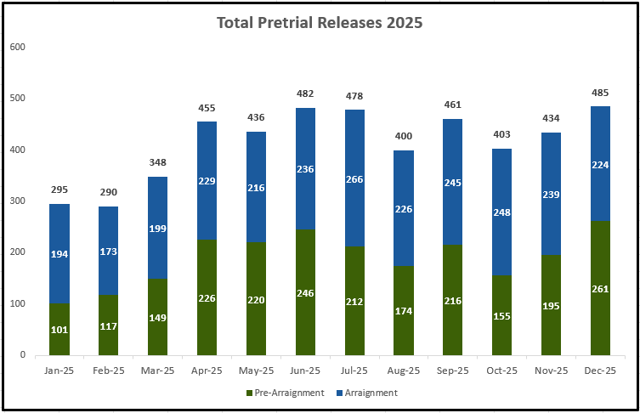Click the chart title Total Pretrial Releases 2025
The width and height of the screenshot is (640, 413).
tap(320, 23)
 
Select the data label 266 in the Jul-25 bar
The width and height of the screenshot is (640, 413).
tap(354, 179)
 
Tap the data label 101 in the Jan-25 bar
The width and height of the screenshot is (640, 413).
tap(59, 330)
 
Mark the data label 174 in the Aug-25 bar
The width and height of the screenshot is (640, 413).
tap(404, 311)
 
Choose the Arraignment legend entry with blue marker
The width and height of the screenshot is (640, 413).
tap(367, 393)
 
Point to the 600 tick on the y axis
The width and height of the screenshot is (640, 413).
tap(17, 47)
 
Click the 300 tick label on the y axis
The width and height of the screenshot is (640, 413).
tap(17, 201)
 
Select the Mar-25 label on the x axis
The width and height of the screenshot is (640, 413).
tap(157, 371)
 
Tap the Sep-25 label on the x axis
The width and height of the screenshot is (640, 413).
tap(453, 371)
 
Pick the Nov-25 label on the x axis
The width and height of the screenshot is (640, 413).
tap(552, 371)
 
